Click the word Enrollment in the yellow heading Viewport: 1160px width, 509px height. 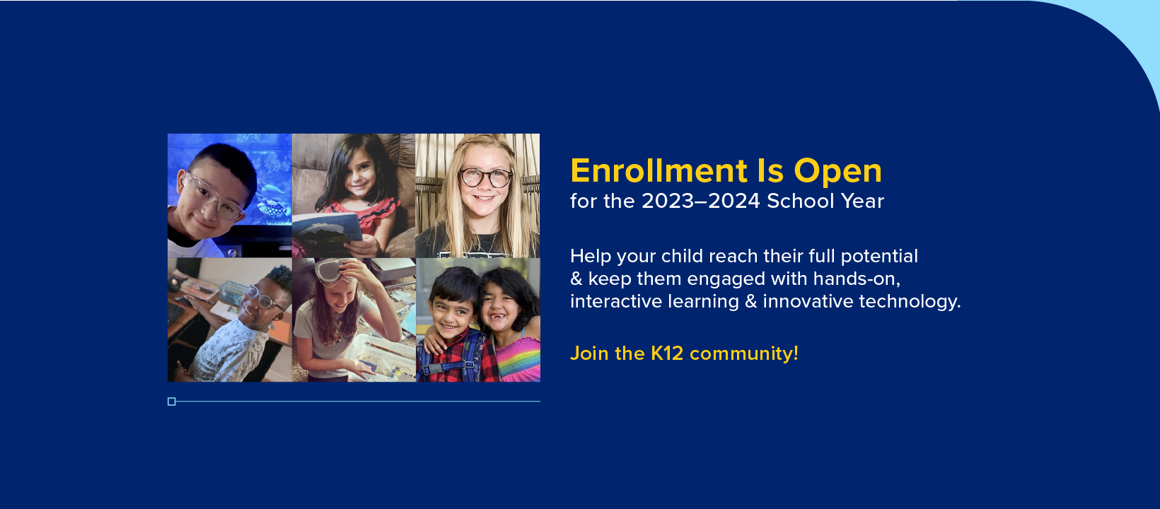pyautogui.click(x=659, y=171)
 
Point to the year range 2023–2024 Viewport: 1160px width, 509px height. pyautogui.click(x=701, y=201)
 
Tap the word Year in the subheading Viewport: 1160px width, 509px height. pyautogui.click(x=862, y=201)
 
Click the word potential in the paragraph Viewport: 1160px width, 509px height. pyautogui.click(x=879, y=257)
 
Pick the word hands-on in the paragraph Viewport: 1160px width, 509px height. pyautogui.click(x=857, y=279)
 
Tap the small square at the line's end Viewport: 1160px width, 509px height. pyautogui.click(x=172, y=402)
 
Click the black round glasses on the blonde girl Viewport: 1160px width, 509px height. pyautogui.click(x=485, y=177)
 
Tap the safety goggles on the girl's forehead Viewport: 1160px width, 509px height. pyautogui.click(x=334, y=271)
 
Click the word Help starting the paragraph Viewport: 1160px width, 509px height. pyautogui.click(x=591, y=257)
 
